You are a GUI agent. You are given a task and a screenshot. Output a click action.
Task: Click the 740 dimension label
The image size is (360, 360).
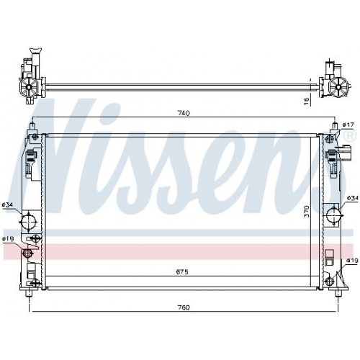184,113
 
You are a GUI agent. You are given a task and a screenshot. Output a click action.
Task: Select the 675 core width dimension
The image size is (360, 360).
182,271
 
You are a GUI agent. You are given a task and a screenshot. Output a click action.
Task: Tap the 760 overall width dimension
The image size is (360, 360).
184,307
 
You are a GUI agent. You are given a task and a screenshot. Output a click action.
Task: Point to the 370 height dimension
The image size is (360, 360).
307,211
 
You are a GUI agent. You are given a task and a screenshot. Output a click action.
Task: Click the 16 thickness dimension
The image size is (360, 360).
307,99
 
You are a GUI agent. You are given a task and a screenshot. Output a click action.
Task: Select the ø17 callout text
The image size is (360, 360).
348,125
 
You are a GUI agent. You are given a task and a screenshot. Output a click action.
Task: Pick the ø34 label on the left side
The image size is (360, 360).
7,204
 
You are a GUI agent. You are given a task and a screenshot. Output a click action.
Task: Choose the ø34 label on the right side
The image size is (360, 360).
353,198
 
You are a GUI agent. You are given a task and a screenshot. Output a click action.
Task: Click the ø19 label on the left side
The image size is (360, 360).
7,238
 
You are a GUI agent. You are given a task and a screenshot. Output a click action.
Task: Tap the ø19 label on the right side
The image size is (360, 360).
352,261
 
